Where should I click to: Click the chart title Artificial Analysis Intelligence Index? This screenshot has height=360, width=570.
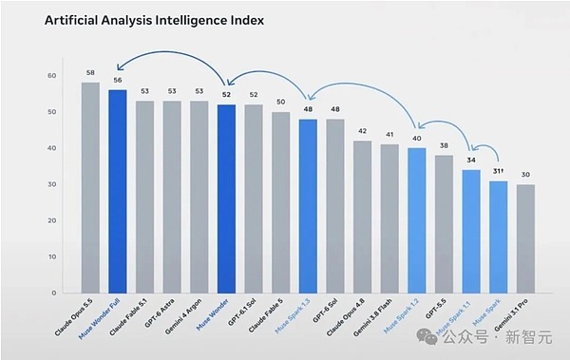point(154,20)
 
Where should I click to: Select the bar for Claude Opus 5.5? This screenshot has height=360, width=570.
point(90,188)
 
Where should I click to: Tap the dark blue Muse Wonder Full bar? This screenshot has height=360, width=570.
point(118,191)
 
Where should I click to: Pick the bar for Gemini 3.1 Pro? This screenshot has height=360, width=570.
point(525,238)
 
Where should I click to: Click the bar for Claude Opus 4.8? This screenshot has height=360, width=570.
point(363,217)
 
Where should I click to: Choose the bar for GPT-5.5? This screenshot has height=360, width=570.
point(444,224)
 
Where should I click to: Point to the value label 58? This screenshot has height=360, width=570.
point(90,73)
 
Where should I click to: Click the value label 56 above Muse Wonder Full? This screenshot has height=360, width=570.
point(118,80)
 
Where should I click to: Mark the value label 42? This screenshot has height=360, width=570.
point(363,131)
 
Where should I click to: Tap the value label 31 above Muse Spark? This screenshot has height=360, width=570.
point(498,171)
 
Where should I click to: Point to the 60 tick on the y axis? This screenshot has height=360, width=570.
point(52,76)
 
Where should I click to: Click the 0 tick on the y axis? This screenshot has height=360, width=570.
point(54,293)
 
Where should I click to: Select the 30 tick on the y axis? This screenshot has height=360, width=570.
point(52,184)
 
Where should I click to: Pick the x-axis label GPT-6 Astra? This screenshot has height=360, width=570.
point(160,313)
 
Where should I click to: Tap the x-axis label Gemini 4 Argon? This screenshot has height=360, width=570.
point(183,316)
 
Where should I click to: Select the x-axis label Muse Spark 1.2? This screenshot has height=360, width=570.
point(401,315)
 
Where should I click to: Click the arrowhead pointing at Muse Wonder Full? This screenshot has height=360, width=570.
point(120,67)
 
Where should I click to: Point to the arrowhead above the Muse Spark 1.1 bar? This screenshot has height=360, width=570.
point(473,147)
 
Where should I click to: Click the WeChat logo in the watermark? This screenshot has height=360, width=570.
point(427,336)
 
